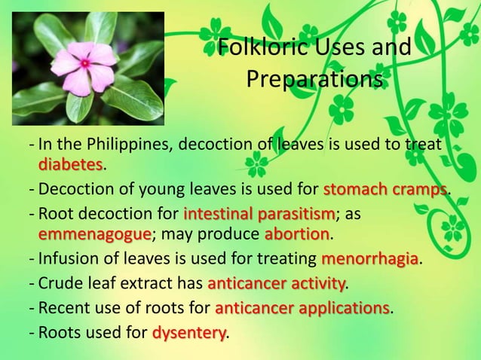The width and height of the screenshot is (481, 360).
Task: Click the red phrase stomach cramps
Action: [x=385, y=188]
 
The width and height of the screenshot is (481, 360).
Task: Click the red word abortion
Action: [x=297, y=233]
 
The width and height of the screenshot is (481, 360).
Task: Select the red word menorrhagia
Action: [x=369, y=260]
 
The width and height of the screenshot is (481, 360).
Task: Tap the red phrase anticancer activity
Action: [x=276, y=284]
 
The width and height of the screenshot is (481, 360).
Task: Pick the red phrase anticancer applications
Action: [x=302, y=308]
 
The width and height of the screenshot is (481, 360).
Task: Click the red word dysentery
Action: [x=188, y=332]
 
